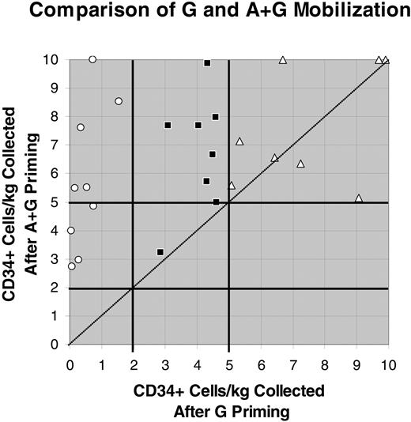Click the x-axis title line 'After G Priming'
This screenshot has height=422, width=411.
tap(229, 411)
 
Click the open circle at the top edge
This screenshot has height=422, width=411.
tap(92, 59)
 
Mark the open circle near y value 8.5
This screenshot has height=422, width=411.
tap(119, 101)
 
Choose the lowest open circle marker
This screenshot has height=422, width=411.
tap(72, 266)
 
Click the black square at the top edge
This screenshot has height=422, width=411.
tap(207, 62)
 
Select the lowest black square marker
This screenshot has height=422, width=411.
tap(160, 251)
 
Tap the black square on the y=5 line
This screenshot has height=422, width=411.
tap(216, 202)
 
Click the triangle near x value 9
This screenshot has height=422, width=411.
tap(359, 198)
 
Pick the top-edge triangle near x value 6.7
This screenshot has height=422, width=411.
tap(283, 60)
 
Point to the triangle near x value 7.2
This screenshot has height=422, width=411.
tap(300, 164)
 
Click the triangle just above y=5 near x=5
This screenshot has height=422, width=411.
tap(232, 185)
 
